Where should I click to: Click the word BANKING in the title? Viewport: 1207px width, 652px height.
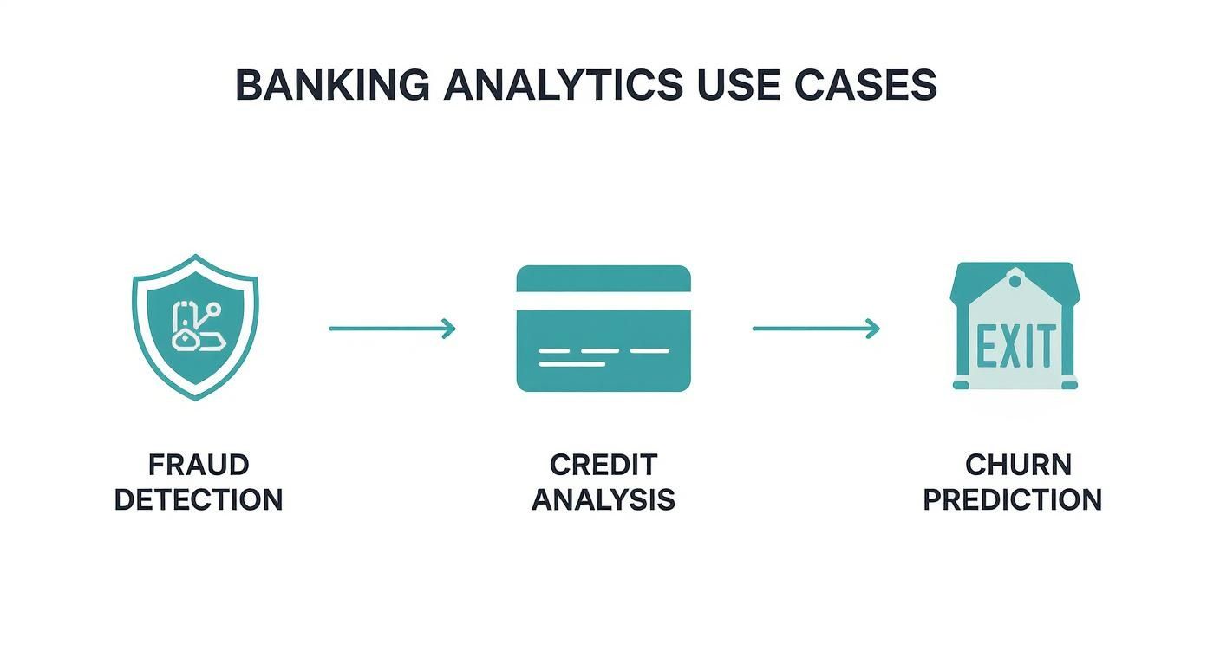click(x=332, y=86)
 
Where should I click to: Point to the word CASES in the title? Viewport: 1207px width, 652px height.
click(x=868, y=86)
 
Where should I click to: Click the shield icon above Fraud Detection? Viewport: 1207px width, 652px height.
click(x=195, y=327)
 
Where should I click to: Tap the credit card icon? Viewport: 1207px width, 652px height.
click(x=603, y=329)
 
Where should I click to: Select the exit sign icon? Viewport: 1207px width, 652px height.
click(x=1015, y=327)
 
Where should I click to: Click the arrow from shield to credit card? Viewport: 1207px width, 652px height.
click(x=393, y=329)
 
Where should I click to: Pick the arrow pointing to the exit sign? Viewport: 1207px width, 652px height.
click(x=816, y=329)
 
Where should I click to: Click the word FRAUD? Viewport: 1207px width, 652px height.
click(x=199, y=465)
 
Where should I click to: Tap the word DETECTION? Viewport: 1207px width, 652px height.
click(x=199, y=499)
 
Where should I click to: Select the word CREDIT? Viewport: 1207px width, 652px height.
click(x=603, y=465)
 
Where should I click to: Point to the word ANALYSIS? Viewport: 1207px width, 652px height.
click(x=603, y=499)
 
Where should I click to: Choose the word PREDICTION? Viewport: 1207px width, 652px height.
click(x=1012, y=499)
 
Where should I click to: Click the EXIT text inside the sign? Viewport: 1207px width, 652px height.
click(x=1016, y=346)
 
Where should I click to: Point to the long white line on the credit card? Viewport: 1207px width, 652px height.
click(x=571, y=363)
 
